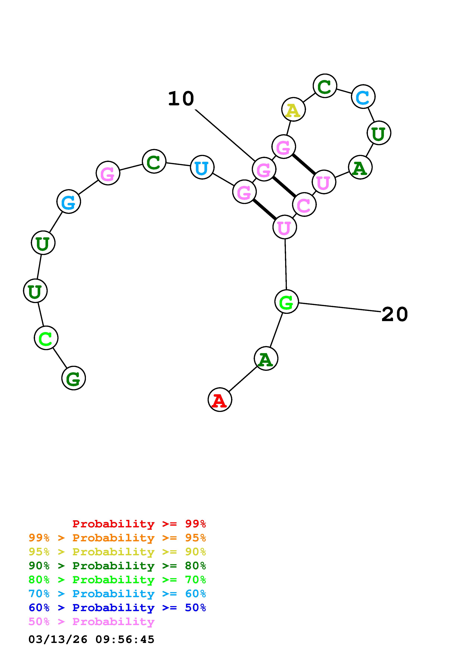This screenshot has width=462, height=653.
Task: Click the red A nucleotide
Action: click(x=220, y=400)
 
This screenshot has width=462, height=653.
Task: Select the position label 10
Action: click(x=181, y=99)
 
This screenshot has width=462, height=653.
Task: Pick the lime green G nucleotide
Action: click(x=286, y=302)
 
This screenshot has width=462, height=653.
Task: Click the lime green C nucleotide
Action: click(x=46, y=338)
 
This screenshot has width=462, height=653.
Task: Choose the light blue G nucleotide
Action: click(x=69, y=202)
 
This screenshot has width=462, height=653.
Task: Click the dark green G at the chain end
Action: click(x=73, y=378)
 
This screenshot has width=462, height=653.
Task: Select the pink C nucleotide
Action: click(x=304, y=205)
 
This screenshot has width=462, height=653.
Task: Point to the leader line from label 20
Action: click(x=339, y=307)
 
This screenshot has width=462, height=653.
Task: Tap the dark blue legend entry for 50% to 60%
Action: click(x=117, y=608)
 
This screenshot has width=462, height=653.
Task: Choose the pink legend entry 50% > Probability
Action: click(x=91, y=622)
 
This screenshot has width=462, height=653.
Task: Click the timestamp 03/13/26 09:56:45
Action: click(x=91, y=640)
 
